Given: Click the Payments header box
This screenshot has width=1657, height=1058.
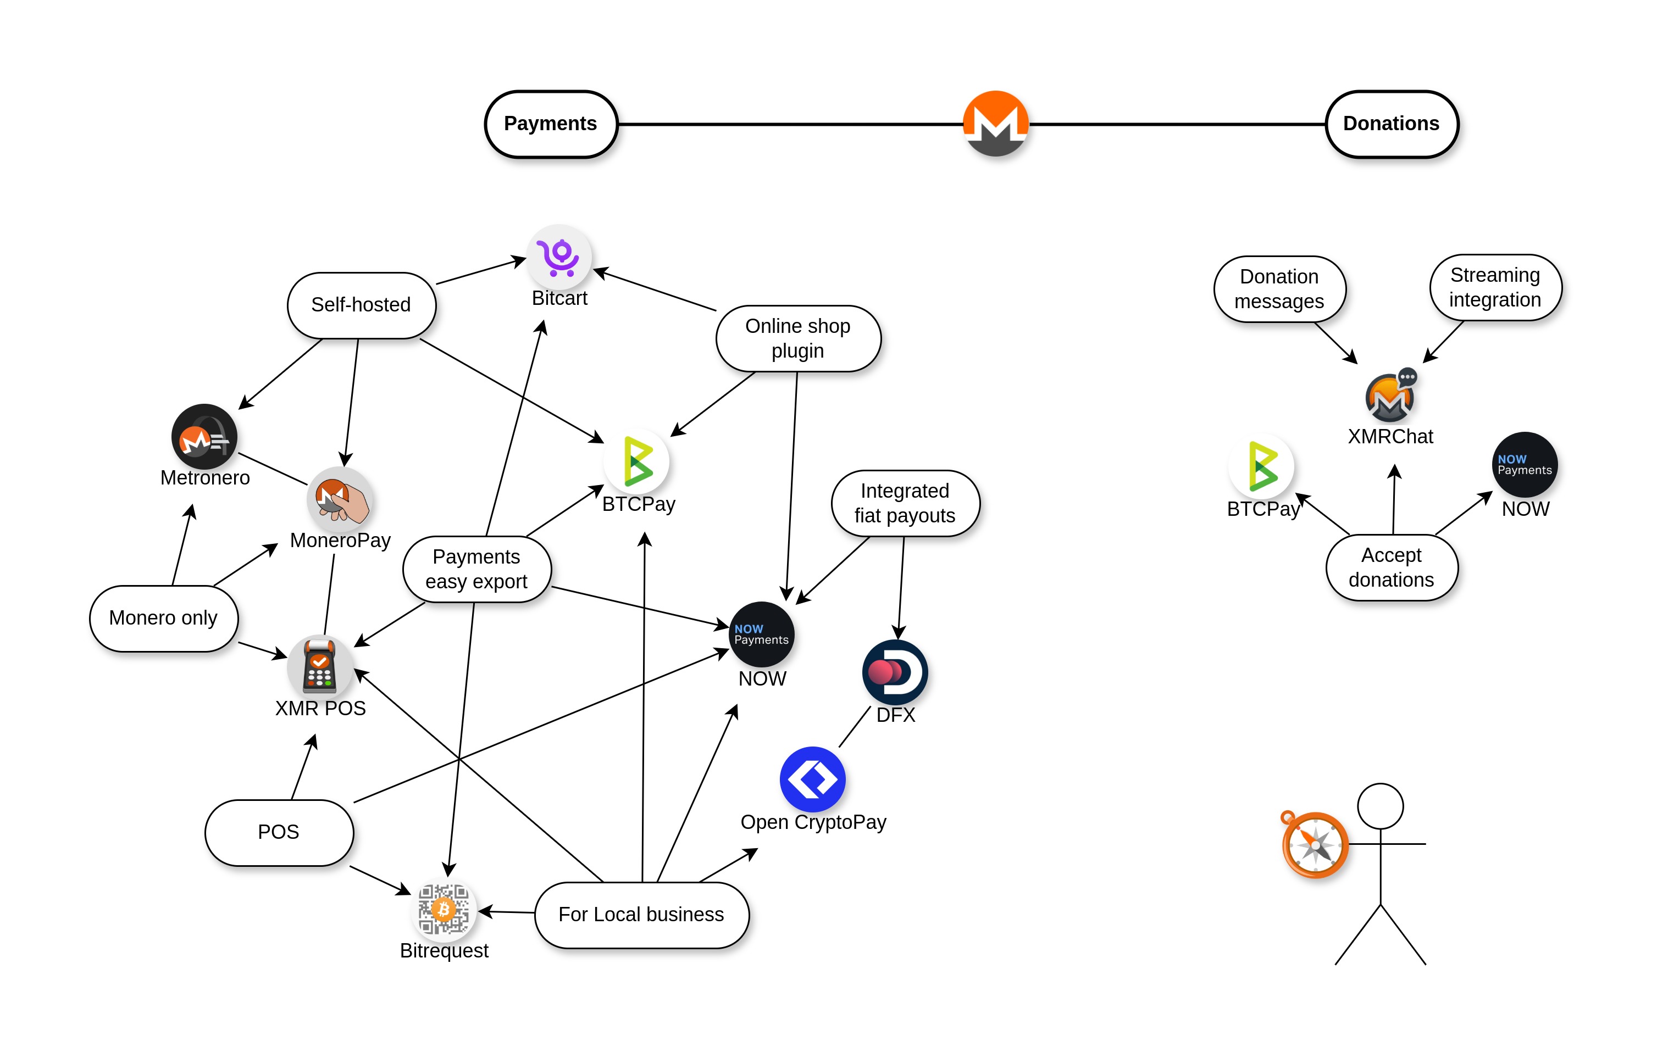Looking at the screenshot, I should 551,124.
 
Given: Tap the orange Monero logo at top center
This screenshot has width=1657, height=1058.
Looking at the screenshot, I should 995,123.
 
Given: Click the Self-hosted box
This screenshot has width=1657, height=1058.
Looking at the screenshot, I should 361,305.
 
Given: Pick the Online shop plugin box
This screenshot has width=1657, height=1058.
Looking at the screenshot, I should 797,338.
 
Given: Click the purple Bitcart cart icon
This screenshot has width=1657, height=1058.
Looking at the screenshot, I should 559,257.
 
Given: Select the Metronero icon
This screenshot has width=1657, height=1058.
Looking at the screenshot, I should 204,437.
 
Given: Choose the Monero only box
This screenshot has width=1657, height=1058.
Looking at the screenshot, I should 164,618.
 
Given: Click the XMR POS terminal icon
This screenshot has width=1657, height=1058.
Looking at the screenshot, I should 320,666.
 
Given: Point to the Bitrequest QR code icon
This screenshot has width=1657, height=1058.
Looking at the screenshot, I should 444,910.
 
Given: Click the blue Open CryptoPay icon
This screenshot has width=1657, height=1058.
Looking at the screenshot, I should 813,779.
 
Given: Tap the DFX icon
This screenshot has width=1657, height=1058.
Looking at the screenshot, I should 895,672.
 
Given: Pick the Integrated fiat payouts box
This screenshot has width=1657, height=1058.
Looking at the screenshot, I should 905,503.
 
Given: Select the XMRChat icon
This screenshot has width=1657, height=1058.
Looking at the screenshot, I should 1390,397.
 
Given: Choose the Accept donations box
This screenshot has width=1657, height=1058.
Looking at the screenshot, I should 1392,567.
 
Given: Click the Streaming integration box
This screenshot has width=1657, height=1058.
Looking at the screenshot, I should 1495,287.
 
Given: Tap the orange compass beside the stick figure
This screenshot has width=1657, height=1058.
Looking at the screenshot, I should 1315,844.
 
